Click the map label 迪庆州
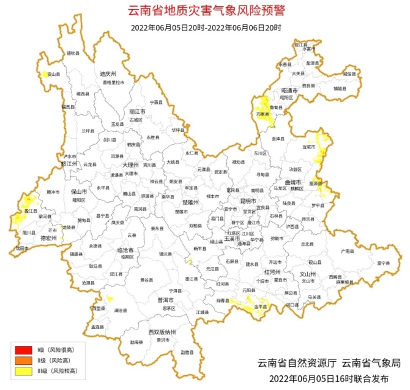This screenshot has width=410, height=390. (108, 74)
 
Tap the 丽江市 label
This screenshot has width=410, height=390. (137, 112)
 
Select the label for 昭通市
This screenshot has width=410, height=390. (289, 90)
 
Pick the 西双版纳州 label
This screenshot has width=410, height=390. (162, 332)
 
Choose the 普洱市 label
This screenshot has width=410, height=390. (166, 300)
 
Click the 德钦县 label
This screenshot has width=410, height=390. (73, 53)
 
